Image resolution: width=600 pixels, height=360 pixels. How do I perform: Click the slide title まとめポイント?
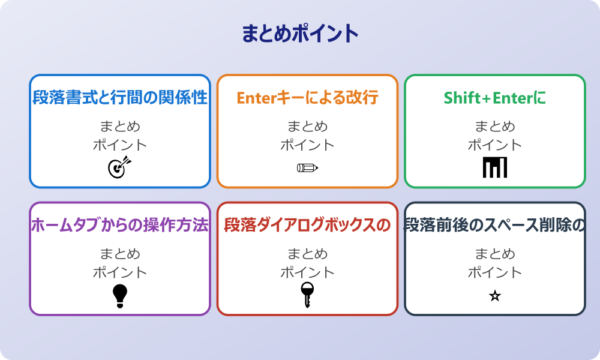click(x=300, y=34)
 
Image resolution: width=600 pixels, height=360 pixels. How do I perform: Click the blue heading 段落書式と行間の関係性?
click(x=120, y=98)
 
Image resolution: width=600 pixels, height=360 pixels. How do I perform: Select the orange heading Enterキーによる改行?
click(x=307, y=98)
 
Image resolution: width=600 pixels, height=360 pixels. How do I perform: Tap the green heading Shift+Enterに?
click(x=495, y=98)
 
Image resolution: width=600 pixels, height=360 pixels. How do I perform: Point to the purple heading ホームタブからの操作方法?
click(x=120, y=225)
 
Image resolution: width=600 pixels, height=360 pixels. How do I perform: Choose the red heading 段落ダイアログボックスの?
click(x=307, y=225)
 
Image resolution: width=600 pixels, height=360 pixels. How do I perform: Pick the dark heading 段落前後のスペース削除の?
click(x=495, y=225)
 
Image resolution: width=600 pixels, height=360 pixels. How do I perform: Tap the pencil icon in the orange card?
click(x=307, y=167)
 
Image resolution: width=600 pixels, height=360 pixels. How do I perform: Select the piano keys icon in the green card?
click(x=495, y=167)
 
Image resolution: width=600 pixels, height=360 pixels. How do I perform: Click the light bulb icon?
click(x=120, y=295)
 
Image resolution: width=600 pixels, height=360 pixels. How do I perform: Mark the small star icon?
click(x=495, y=296)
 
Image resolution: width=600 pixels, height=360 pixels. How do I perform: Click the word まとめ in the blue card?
click(x=120, y=127)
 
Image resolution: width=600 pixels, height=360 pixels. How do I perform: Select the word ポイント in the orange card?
click(x=307, y=145)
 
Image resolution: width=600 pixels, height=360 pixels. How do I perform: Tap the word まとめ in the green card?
click(x=495, y=127)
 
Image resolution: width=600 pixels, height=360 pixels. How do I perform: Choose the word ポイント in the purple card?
click(x=120, y=272)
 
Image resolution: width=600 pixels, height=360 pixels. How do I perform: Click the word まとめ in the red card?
click(x=307, y=254)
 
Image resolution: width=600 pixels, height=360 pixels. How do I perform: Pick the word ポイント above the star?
click(x=495, y=272)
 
